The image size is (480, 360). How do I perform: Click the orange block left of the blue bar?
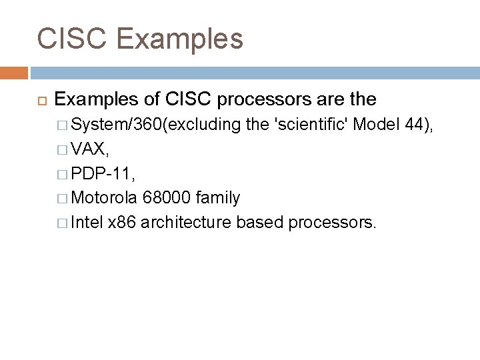coord(13,72)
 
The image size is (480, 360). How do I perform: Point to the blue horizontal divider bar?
coord(253,72)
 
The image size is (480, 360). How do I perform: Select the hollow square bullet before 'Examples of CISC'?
coord(39,100)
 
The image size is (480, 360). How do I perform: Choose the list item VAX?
coord(87,147)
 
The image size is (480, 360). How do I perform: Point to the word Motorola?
coord(104,197)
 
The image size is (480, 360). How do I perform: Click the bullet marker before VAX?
coord(62,148)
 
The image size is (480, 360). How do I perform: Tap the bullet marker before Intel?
coord(62,221)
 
